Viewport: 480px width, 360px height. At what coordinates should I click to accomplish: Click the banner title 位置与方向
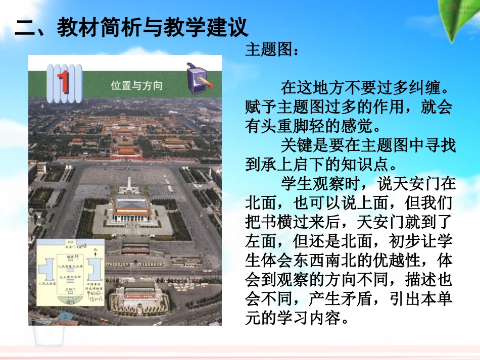[x=136, y=85]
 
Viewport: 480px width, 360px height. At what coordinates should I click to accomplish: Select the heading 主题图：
[x=272, y=50]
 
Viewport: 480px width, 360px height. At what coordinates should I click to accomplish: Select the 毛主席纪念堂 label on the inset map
[x=70, y=277]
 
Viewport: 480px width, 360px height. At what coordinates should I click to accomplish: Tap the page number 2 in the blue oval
[x=65, y=316]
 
